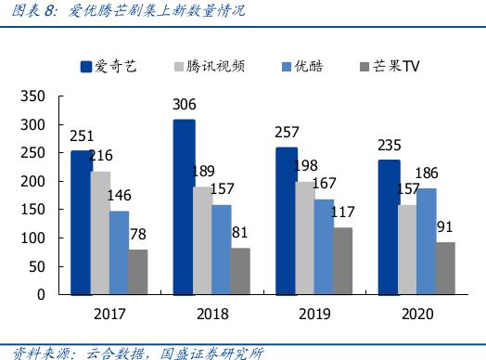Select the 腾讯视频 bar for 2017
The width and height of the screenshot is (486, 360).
click(100, 232)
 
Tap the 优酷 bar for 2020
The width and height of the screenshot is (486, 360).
click(426, 240)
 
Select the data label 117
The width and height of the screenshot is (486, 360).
click(343, 212)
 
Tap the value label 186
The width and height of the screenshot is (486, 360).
click(428, 173)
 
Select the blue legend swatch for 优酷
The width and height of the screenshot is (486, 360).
click(287, 67)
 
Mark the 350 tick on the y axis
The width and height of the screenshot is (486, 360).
click(32, 96)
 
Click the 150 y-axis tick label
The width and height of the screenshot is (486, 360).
click(32, 210)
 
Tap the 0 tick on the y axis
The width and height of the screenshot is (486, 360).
click(40, 295)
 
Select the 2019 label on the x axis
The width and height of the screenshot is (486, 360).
click(315, 314)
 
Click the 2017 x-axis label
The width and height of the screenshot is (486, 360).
click(109, 314)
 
